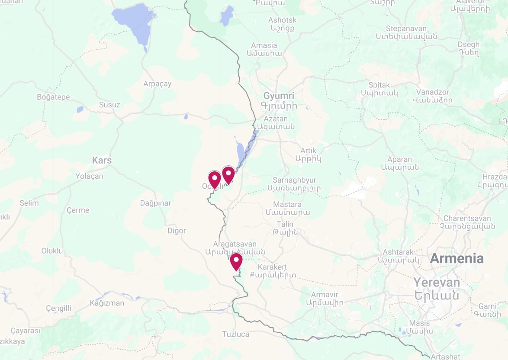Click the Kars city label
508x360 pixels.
click(x=102, y=161)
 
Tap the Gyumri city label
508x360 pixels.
click(x=279, y=96)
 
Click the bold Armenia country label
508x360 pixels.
click(x=457, y=259)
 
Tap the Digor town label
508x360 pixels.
click(x=177, y=231)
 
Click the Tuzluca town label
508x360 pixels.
click(x=235, y=334)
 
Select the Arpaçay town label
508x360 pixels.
click(x=157, y=84)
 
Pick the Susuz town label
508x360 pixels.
click(x=109, y=105)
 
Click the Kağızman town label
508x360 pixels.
click(x=106, y=303)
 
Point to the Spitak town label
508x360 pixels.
click(x=379, y=85)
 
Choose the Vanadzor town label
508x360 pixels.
click(x=433, y=92)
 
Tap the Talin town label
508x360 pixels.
click(x=285, y=224)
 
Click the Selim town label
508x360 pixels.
click(x=29, y=203)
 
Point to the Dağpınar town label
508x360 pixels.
click(x=155, y=203)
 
